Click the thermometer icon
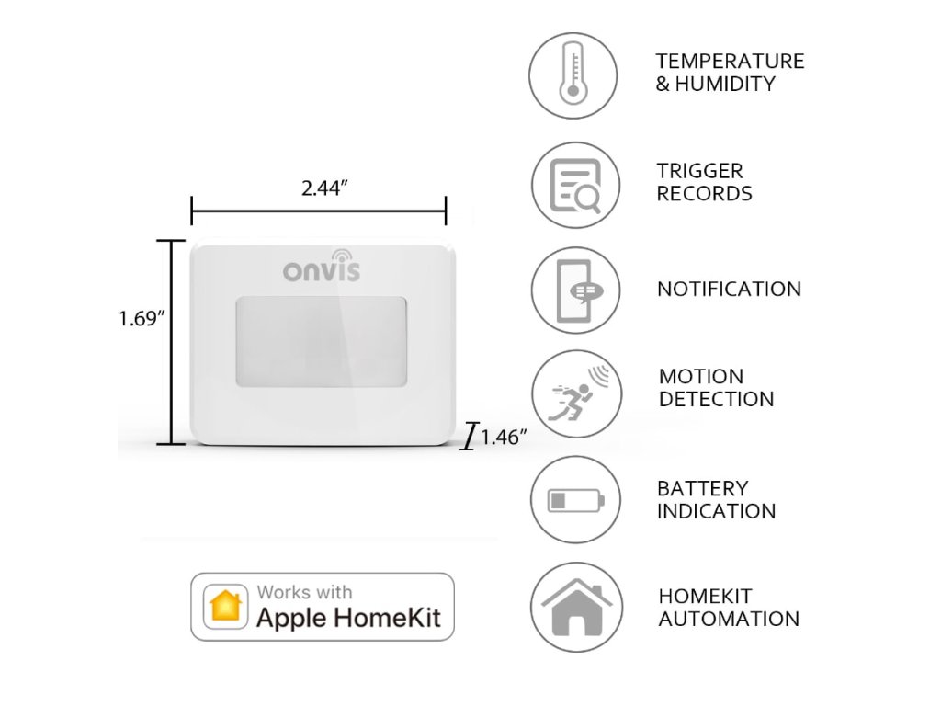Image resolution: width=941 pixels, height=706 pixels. pos(574,74)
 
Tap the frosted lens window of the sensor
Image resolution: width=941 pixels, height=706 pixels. pos(321,340)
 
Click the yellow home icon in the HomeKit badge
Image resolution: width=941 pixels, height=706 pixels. pos(226,607)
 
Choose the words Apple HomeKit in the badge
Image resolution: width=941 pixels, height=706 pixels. pos(349,618)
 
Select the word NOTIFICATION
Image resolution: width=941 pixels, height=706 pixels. pos(729,290)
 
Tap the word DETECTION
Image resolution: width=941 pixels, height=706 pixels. pos(716,400)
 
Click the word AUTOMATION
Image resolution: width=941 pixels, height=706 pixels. pos(729,619)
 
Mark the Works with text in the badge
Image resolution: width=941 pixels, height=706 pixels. pos(304,593)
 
